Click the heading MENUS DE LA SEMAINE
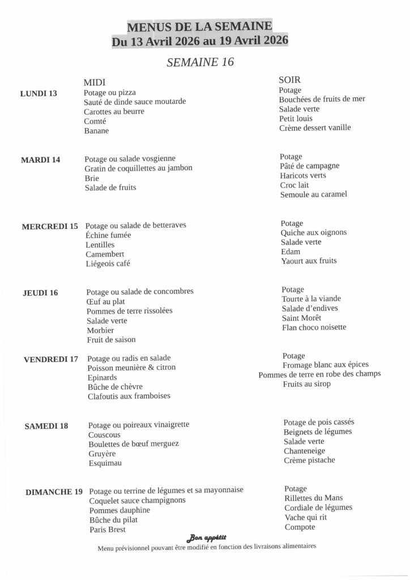coord(199,27)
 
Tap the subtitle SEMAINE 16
coord(200,62)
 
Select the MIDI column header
coord(95,82)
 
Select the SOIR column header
coord(289,80)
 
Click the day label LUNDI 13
coord(39,93)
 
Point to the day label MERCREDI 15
coord(50,227)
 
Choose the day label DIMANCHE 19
coord(54,492)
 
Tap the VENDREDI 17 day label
coord(51,359)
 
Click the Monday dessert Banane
coord(96,131)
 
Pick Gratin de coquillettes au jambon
coord(139,168)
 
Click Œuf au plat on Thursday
coord(106,301)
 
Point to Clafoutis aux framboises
coord(129,396)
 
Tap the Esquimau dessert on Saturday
coord(105,463)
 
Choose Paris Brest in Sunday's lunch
coord(108,530)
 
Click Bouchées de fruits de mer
coord(322,99)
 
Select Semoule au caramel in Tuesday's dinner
coord(313,194)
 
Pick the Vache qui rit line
coord(306,518)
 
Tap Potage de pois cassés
coord(319,422)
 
